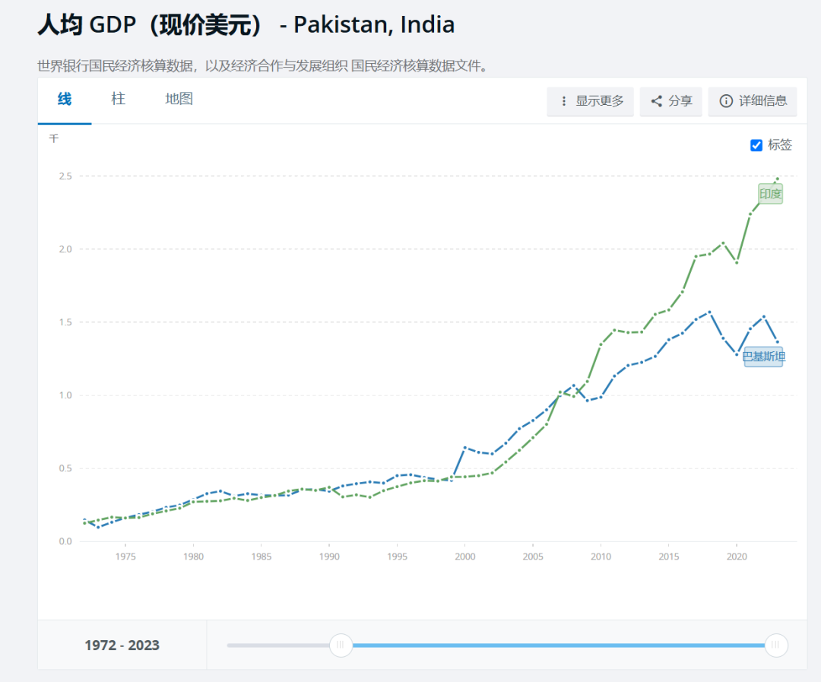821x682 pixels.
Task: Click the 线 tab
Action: (65, 99)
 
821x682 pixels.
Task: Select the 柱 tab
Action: (118, 99)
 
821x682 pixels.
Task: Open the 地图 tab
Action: (179, 99)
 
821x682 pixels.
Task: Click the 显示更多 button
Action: (591, 101)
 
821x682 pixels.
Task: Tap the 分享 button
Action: (671, 101)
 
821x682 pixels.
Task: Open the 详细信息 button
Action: (753, 101)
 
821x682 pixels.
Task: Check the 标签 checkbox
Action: (756, 145)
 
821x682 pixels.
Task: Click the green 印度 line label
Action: (770, 194)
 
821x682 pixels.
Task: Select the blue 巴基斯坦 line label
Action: (763, 356)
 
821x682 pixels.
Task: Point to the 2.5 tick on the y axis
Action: (65, 176)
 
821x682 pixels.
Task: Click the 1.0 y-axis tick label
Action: (65, 395)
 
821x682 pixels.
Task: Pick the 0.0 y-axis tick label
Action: (65, 541)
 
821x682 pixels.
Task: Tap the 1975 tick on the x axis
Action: (125, 557)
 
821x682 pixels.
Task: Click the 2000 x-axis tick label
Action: (464, 557)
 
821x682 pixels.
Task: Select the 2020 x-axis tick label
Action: (736, 557)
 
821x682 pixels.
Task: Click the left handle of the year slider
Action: (341, 645)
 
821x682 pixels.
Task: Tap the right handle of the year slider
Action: (775, 645)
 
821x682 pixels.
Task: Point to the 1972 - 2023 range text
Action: (122, 646)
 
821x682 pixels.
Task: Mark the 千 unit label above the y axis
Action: (53, 138)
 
